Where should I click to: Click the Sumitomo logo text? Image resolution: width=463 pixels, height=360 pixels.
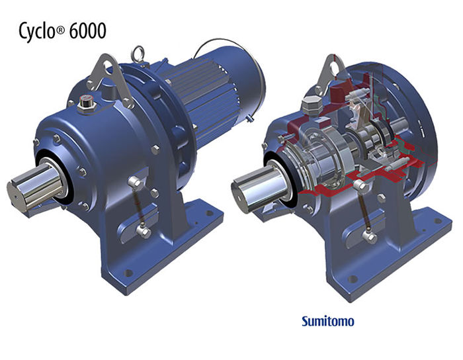328,321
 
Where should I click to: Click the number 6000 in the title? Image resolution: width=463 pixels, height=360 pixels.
88,30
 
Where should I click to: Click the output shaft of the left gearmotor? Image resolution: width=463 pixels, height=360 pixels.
36,186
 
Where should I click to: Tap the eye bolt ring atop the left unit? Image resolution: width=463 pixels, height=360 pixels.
138,52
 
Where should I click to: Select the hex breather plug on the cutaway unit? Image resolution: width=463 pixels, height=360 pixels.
310,105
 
